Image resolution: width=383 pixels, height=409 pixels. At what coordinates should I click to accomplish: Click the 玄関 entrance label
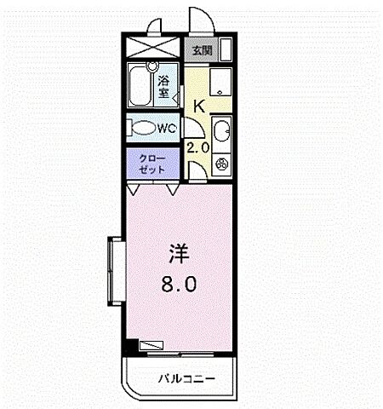pyautogui.click(x=203, y=50)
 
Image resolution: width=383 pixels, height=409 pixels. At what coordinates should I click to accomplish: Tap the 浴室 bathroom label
pyautogui.click(x=164, y=86)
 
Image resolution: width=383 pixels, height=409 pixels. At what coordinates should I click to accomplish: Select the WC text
pyautogui.click(x=167, y=129)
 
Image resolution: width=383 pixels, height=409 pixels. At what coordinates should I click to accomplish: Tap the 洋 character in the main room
pyautogui.click(x=177, y=253)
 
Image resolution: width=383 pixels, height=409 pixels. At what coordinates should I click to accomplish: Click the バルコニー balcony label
pyautogui.click(x=186, y=377)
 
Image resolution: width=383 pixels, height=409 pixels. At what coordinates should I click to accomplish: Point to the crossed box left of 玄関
pyautogui.click(x=155, y=49)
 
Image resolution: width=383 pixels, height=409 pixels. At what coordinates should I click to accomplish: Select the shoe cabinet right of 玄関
pyautogui.click(x=226, y=49)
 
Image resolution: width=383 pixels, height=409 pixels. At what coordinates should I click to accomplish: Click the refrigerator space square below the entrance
pyautogui.click(x=220, y=82)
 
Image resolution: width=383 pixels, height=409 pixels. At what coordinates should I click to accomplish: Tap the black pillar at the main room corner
pyautogui.click(x=130, y=347)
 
